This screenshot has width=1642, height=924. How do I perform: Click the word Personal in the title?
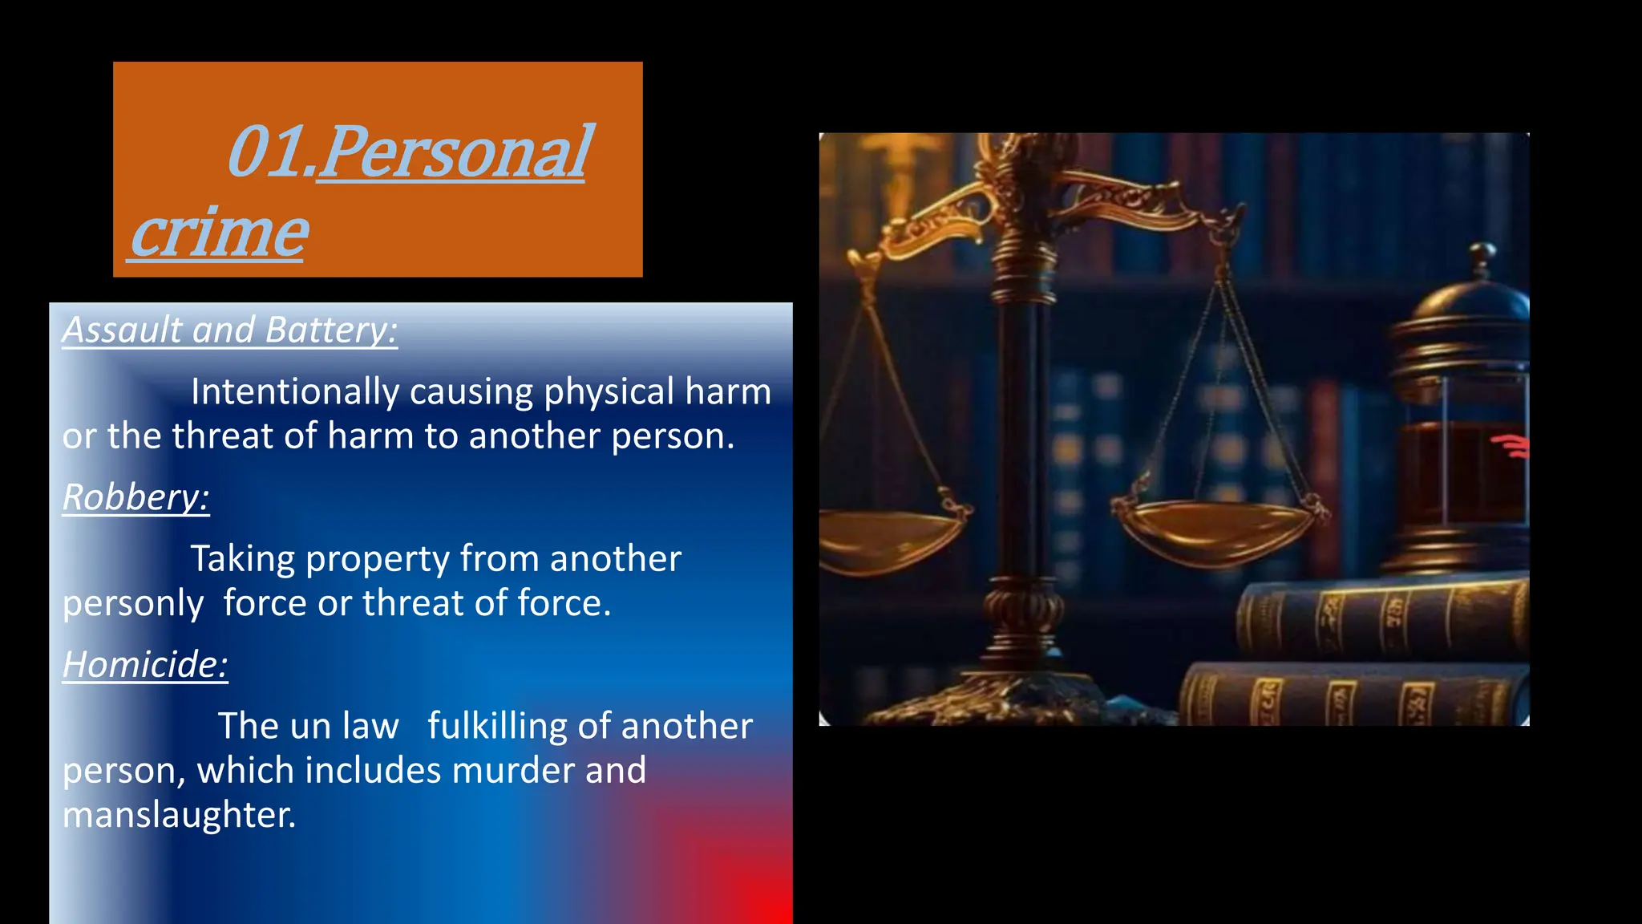[454, 152]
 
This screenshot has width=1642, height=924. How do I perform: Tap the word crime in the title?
[218, 233]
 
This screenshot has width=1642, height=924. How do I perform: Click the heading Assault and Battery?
[230, 330]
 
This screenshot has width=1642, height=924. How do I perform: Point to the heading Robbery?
[136, 497]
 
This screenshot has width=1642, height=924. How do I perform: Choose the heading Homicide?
[145, 664]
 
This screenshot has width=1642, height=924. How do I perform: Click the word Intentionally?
[294, 392]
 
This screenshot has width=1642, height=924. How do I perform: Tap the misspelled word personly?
[133, 603]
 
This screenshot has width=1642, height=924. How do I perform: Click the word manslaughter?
[178, 815]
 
